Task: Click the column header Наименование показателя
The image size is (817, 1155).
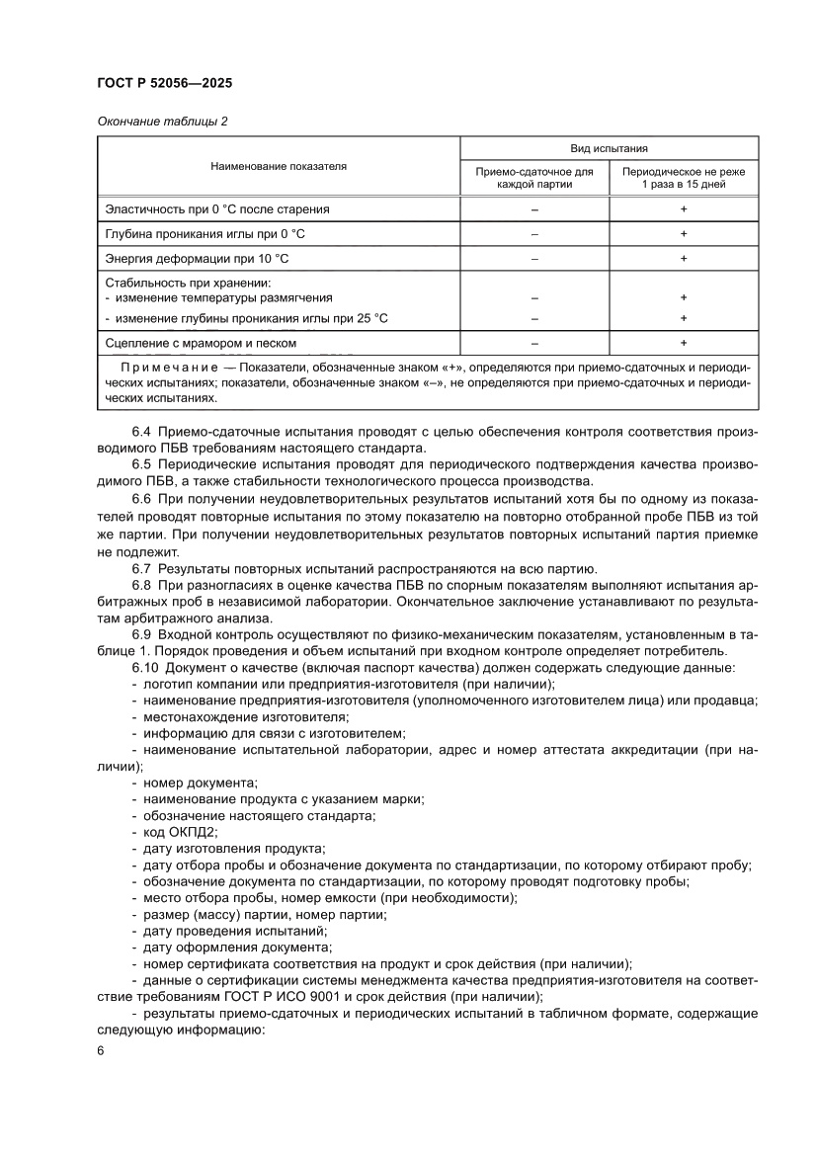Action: coord(279,167)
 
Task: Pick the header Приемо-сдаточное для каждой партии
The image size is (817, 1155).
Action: coord(534,178)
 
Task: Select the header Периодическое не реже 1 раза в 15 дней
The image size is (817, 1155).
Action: coord(683,178)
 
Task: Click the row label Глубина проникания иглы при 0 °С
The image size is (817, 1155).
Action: coord(204,234)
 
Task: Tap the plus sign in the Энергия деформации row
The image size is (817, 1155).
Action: coord(683,259)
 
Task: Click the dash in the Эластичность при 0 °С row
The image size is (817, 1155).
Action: coord(534,209)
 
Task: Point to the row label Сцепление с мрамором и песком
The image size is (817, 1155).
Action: coord(201,343)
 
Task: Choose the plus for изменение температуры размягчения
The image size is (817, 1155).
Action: coord(683,297)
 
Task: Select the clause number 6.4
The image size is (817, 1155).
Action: coord(141,432)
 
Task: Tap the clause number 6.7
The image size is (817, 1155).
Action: coord(141,568)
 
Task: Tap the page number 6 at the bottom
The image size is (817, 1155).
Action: coord(101,1050)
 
